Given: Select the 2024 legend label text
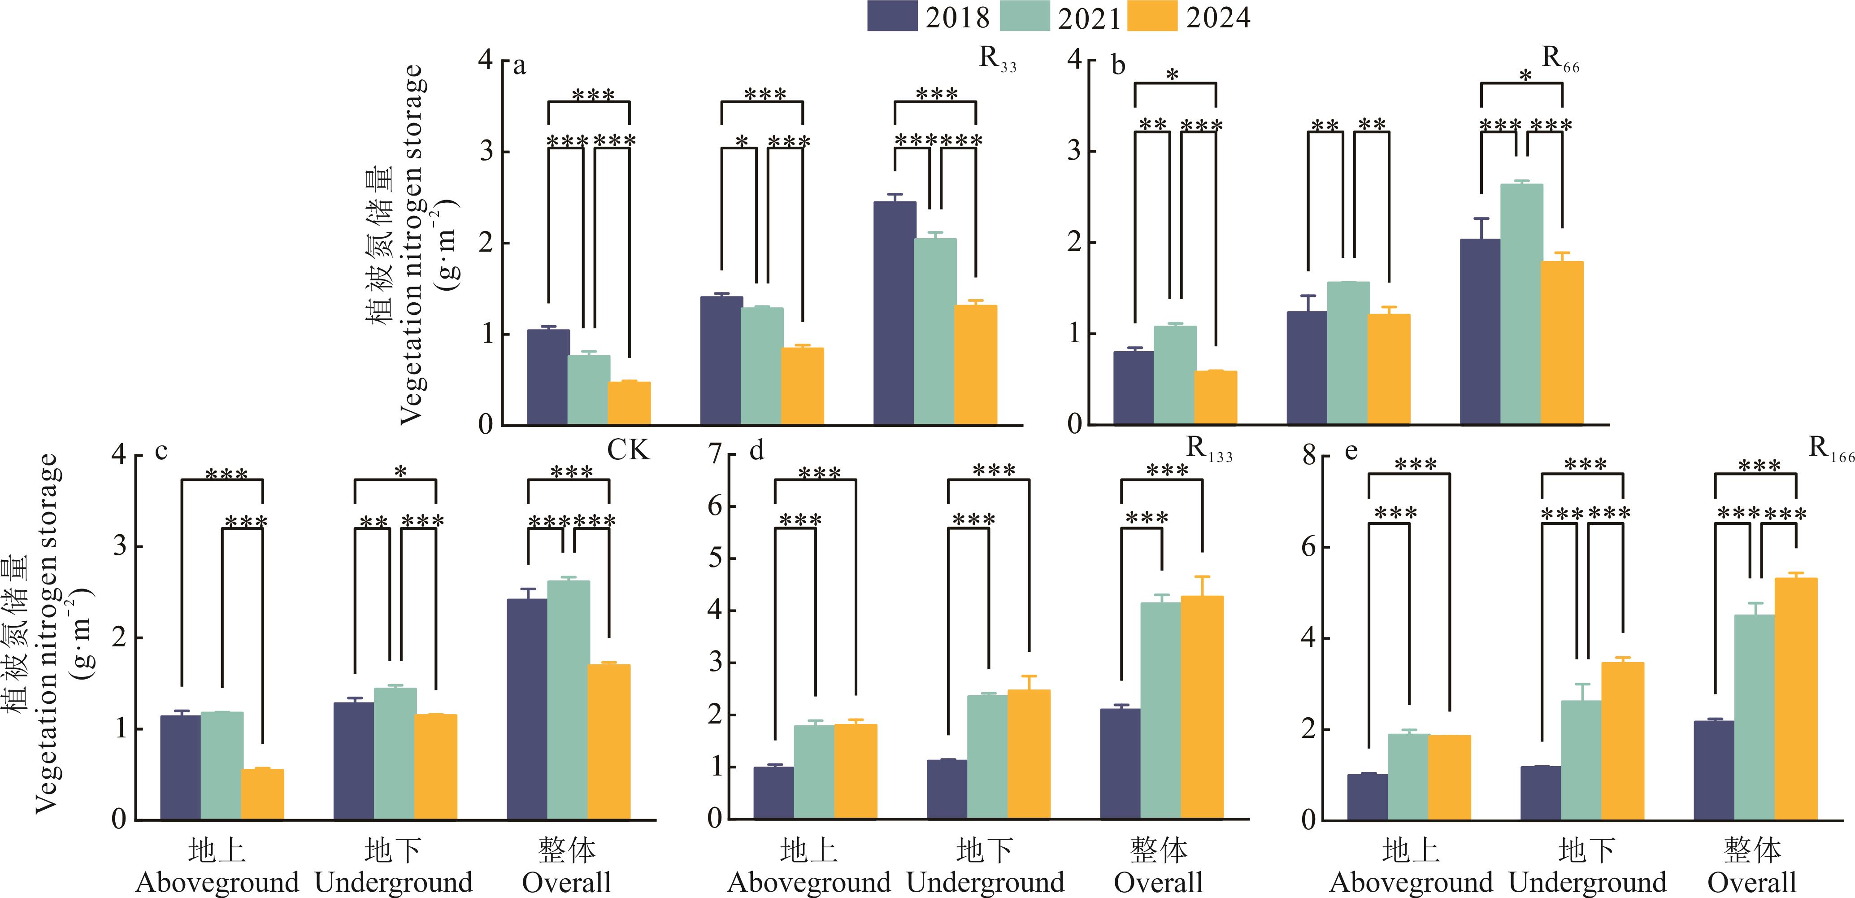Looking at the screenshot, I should point(1218,17).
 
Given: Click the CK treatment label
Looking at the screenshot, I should point(628,450).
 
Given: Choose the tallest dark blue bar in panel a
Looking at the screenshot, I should point(895,313).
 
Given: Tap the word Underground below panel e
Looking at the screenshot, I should point(1587,882).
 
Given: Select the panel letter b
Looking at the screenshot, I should point(1118,66).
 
